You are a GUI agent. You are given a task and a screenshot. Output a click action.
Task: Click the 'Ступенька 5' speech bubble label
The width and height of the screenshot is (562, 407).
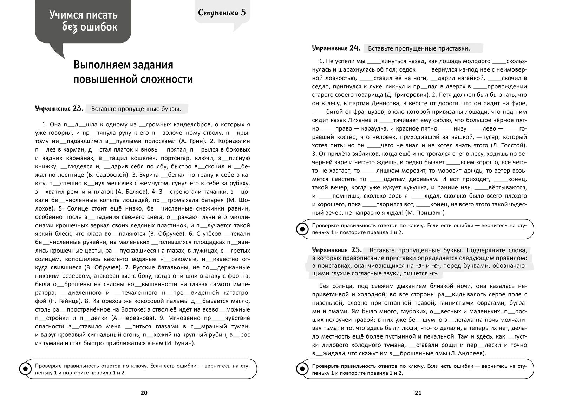point(222,13)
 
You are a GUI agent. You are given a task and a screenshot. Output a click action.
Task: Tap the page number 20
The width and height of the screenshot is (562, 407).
point(144,393)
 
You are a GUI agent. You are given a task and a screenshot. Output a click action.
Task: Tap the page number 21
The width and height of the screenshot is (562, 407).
point(418,393)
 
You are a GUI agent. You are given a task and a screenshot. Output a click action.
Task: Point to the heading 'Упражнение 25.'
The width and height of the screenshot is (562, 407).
point(336,249)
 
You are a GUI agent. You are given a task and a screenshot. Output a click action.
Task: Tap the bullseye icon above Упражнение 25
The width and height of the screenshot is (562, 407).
point(302,229)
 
